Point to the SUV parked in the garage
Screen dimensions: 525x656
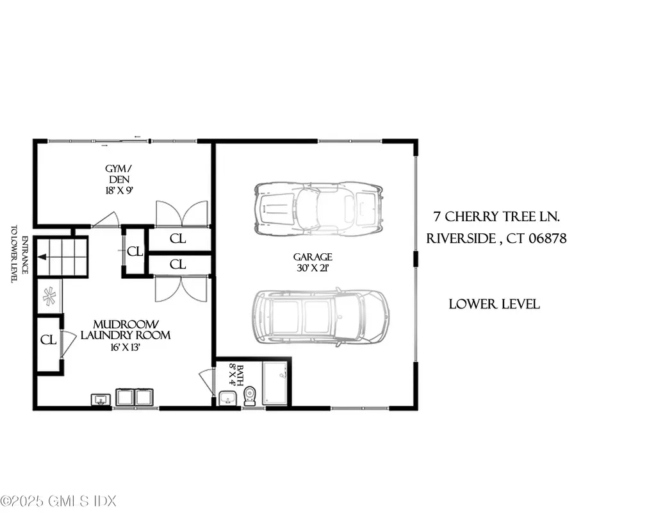coord(321,317)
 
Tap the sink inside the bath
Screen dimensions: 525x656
coord(227,398)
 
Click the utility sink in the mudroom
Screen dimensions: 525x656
coord(100,400)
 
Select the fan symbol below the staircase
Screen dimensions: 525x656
coord(49,296)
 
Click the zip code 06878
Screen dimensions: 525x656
coord(544,239)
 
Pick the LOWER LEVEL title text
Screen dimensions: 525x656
coord(494,304)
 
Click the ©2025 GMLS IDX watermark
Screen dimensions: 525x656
coord(58,501)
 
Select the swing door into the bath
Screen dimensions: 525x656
coord(207,382)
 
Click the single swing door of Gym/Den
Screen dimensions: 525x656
coord(106,221)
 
